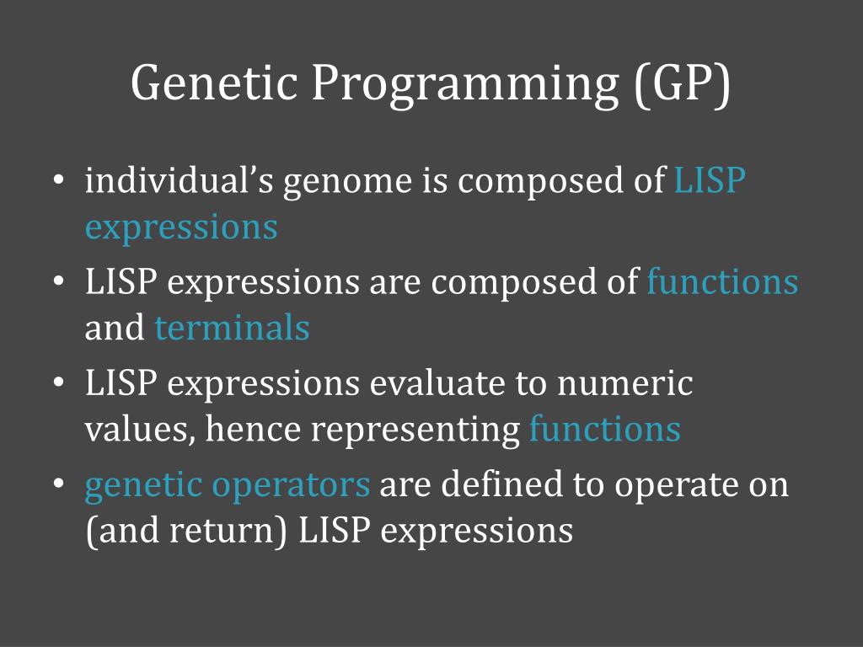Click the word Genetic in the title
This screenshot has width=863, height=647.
pos(214,83)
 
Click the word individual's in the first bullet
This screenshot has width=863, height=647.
pos(179,180)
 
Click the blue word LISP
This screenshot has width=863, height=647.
pos(710,180)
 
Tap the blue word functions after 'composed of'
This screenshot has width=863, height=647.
pos(722,281)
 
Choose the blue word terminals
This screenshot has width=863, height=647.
pos(232,328)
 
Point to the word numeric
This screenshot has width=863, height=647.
pos(624,383)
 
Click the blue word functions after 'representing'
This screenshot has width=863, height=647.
pos(605,429)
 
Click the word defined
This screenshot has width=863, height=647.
pos(501,484)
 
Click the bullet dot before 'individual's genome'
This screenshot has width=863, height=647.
pos(59,180)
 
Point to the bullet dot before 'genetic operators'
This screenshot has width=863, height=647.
pos(59,484)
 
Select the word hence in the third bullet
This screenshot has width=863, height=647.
pos(253,429)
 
